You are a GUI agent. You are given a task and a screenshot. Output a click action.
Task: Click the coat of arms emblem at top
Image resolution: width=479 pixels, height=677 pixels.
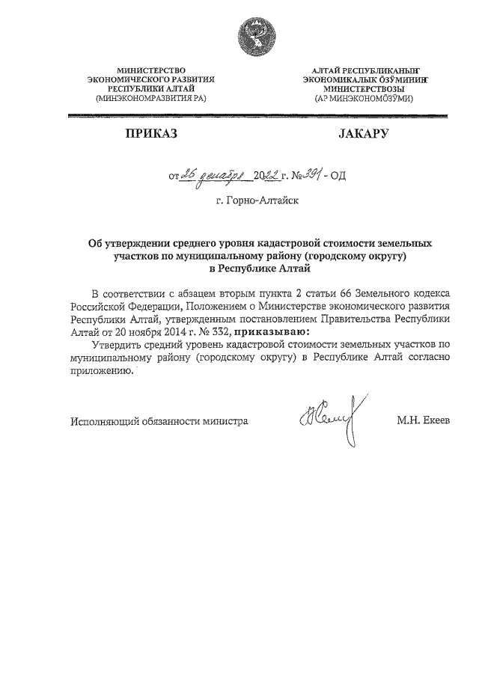pos(247,37)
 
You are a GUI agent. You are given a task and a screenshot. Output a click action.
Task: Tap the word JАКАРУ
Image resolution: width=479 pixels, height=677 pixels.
pos(359,134)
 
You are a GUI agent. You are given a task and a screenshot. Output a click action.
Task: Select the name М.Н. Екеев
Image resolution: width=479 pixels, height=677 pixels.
pos(423,421)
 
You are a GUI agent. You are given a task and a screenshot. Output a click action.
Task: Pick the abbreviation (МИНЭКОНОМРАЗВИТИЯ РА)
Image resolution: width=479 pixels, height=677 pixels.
pos(151,98)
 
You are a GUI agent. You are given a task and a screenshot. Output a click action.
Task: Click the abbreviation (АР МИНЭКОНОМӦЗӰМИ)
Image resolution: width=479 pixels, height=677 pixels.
pos(358,98)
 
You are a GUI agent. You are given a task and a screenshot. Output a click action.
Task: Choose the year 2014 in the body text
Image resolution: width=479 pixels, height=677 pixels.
pos(174,331)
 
